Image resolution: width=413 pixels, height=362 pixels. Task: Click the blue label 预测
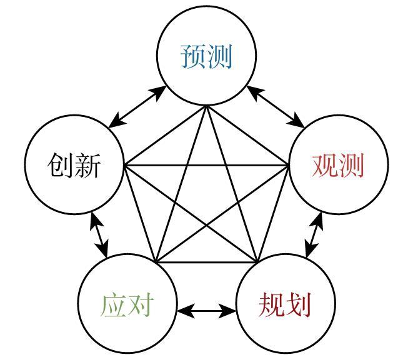pyautogui.click(x=206, y=56)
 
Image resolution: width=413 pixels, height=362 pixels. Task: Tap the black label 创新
pyautogui.click(x=74, y=165)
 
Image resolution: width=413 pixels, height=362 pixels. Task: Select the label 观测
pyautogui.click(x=338, y=165)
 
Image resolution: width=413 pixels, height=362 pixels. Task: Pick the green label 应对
pyautogui.click(x=127, y=304)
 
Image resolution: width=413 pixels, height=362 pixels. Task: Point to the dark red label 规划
pyautogui.click(x=285, y=304)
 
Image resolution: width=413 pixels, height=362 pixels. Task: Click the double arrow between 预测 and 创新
pyautogui.click(x=137, y=107)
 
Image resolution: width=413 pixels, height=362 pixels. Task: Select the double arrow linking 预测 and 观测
pyautogui.click(x=276, y=107)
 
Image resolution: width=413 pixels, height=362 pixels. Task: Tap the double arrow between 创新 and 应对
pyautogui.click(x=99, y=235)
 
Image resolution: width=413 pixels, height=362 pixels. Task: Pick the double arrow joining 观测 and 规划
pyautogui.click(x=314, y=235)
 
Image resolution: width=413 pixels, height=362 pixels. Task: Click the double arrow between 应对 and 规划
pyautogui.click(x=206, y=311)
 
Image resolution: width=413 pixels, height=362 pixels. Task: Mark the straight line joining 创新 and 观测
pyautogui.click(x=206, y=165)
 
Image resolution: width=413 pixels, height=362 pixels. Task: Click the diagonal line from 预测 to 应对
pyautogui.click(x=181, y=184)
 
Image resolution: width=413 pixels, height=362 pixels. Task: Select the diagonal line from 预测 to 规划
pyautogui.click(x=232, y=184)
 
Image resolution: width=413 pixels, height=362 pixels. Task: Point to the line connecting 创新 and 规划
pyautogui.click(x=190, y=214)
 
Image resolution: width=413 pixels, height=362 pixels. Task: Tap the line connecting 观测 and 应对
pyautogui.click(x=222, y=214)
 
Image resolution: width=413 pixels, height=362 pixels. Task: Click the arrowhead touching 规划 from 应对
pyautogui.click(x=228, y=311)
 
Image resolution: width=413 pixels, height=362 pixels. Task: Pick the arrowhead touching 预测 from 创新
pyautogui.click(x=158, y=93)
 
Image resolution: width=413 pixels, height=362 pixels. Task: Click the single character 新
pyautogui.click(x=87, y=165)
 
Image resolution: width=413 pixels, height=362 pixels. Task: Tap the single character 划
pyautogui.click(x=299, y=304)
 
